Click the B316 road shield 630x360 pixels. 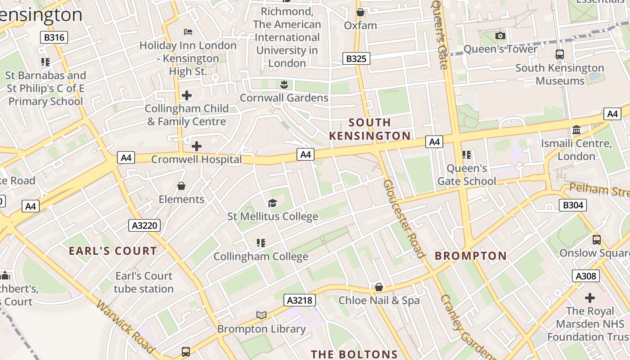(54, 37)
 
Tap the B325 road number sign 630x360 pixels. (356, 58)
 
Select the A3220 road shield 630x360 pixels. (144, 225)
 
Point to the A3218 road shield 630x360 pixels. (300, 300)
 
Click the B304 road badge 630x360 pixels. (573, 206)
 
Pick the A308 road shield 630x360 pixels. (586, 276)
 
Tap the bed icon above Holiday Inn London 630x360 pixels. (188, 31)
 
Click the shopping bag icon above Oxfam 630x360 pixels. (360, 12)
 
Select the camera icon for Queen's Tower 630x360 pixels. (500, 36)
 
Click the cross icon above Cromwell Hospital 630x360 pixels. (197, 146)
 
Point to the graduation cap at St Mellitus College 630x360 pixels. (272, 203)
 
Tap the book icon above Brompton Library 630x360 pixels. (261, 315)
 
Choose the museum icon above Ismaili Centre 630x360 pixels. (576, 130)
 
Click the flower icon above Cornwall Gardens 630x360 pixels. (283, 84)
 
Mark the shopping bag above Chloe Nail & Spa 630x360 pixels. (379, 287)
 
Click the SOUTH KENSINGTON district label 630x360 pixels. (370, 129)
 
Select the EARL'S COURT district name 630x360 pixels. (113, 251)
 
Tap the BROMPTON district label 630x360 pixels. (471, 256)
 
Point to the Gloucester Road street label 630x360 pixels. (404, 219)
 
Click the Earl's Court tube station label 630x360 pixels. (144, 282)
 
